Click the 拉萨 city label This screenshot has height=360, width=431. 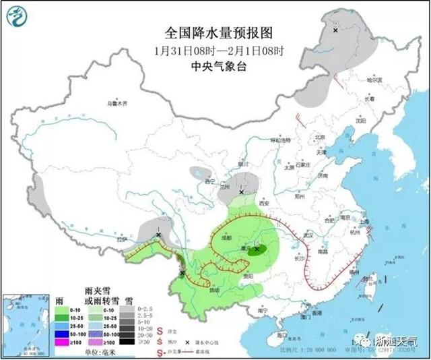[x=121, y=239]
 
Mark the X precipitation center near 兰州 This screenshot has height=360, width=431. [x=242, y=192]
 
